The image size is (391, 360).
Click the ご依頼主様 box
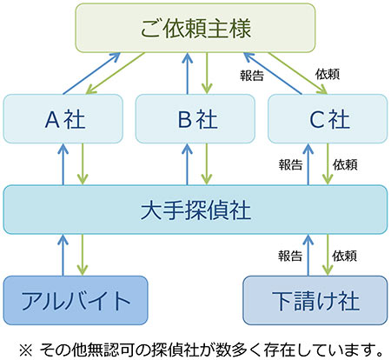(x=195, y=28)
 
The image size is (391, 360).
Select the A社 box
(x=63, y=118)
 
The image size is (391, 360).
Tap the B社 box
(x=195, y=118)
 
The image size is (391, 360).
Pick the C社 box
(x=328, y=118)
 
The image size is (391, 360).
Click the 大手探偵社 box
(x=195, y=210)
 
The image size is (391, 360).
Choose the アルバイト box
(x=76, y=300)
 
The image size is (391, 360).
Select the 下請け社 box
(x=315, y=300)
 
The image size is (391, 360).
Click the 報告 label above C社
(x=252, y=76)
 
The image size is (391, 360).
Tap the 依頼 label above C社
(x=328, y=74)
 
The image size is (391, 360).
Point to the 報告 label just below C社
(x=290, y=165)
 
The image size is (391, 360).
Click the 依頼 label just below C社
(x=345, y=165)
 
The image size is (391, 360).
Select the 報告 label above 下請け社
(x=290, y=256)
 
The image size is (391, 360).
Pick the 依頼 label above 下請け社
(x=344, y=256)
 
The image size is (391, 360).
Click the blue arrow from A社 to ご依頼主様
(x=92, y=73)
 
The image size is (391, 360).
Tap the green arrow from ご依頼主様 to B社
(x=207, y=73)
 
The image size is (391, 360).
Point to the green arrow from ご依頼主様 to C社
(x=298, y=73)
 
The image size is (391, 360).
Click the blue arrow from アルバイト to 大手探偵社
(x=63, y=255)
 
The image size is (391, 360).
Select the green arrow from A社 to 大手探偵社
(x=83, y=164)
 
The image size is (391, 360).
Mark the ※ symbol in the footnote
(x=26, y=350)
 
